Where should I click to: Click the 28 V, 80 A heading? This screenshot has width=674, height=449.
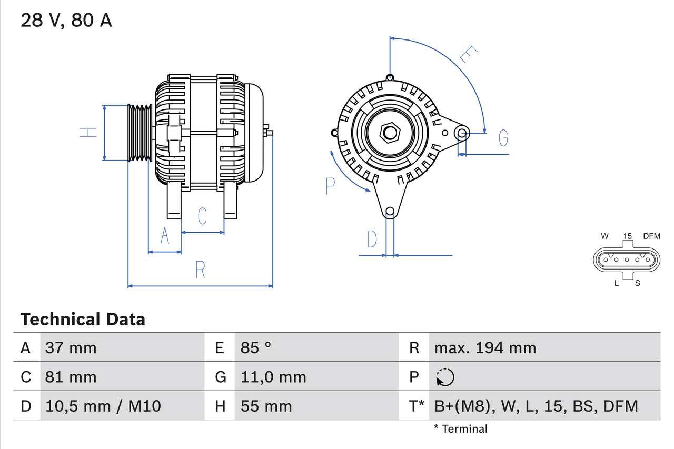[66, 21]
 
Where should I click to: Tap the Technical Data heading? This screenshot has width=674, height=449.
[83, 319]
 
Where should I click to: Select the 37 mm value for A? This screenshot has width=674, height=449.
[71, 347]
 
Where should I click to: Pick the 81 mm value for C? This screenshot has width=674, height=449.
[71, 377]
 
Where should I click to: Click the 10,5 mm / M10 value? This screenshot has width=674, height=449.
[103, 406]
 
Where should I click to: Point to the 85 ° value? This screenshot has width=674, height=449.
[256, 347]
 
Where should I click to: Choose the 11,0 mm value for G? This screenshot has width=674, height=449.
[273, 377]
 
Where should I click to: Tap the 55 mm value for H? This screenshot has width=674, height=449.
[266, 406]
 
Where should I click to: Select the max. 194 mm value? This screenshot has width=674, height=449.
[485, 347]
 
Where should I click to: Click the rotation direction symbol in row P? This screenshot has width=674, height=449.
[445, 377]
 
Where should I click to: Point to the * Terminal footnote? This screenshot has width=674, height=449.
[461, 429]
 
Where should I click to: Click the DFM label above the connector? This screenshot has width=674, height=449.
[651, 236]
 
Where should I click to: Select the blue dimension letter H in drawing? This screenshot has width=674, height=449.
[88, 133]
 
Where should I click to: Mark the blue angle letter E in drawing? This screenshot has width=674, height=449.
[468, 55]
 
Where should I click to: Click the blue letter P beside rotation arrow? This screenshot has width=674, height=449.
[330, 186]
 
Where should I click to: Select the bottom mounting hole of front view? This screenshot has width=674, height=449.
[390, 212]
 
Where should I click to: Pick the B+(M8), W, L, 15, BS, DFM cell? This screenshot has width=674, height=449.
[536, 406]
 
